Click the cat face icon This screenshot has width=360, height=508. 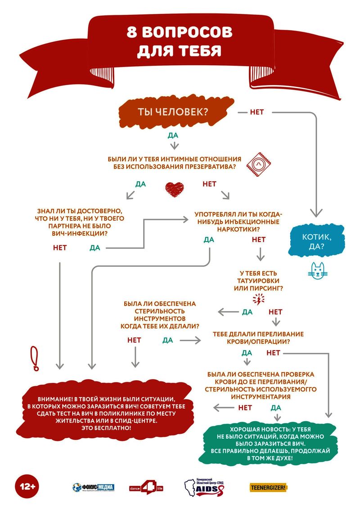318,270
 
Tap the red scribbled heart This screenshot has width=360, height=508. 174,189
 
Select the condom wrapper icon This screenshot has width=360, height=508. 259,165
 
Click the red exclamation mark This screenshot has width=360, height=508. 34,358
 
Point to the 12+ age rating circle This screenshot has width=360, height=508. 27,486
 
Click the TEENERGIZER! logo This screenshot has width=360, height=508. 268,487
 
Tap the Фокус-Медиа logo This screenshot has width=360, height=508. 93,487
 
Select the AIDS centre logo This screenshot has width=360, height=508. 204,487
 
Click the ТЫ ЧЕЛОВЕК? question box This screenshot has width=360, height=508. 175,112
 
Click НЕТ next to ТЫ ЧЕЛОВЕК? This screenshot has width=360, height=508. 256,112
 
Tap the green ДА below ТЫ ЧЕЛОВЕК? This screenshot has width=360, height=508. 173,135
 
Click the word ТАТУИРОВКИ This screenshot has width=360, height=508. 258,281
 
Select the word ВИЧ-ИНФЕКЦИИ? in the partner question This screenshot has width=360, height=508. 80,233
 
